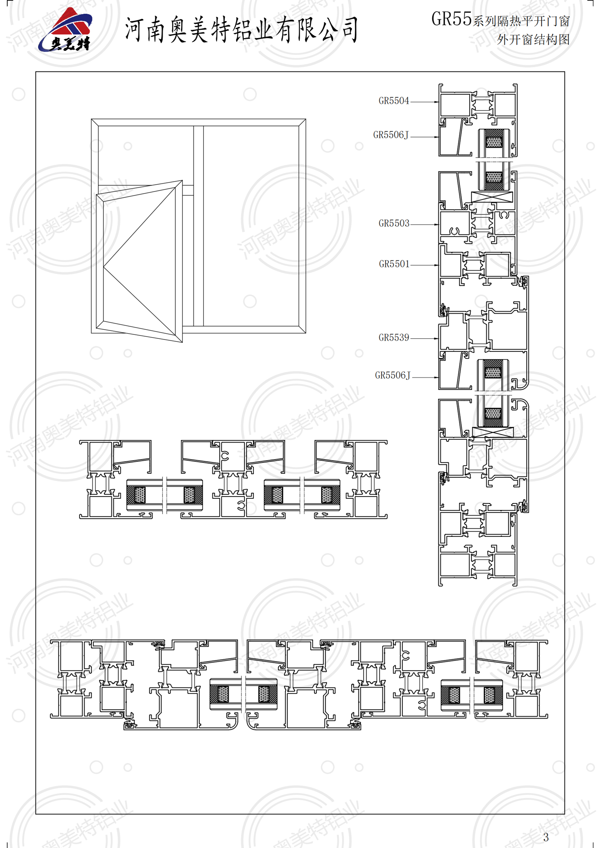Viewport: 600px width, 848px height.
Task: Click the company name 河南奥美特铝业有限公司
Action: click(241, 29)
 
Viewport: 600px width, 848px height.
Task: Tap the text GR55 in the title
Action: click(451, 19)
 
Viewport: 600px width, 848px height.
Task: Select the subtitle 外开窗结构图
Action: click(533, 40)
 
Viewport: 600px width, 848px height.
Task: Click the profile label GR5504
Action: click(394, 101)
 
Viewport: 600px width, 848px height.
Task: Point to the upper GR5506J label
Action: click(391, 135)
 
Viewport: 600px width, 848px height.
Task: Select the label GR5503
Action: click(394, 224)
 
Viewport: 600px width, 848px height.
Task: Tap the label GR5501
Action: click(394, 264)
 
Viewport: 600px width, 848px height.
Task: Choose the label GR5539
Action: click(394, 338)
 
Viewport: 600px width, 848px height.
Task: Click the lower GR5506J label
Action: click(393, 375)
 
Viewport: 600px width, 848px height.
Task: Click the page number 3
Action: click(546, 836)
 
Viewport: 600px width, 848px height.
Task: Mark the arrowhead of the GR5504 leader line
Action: click(437, 102)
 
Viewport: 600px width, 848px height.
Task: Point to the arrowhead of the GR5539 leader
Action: click(437, 338)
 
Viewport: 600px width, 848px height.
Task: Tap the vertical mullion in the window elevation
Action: click(198, 226)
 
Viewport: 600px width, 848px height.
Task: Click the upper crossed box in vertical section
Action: click(492, 197)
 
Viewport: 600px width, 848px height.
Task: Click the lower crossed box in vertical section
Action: click(493, 432)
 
